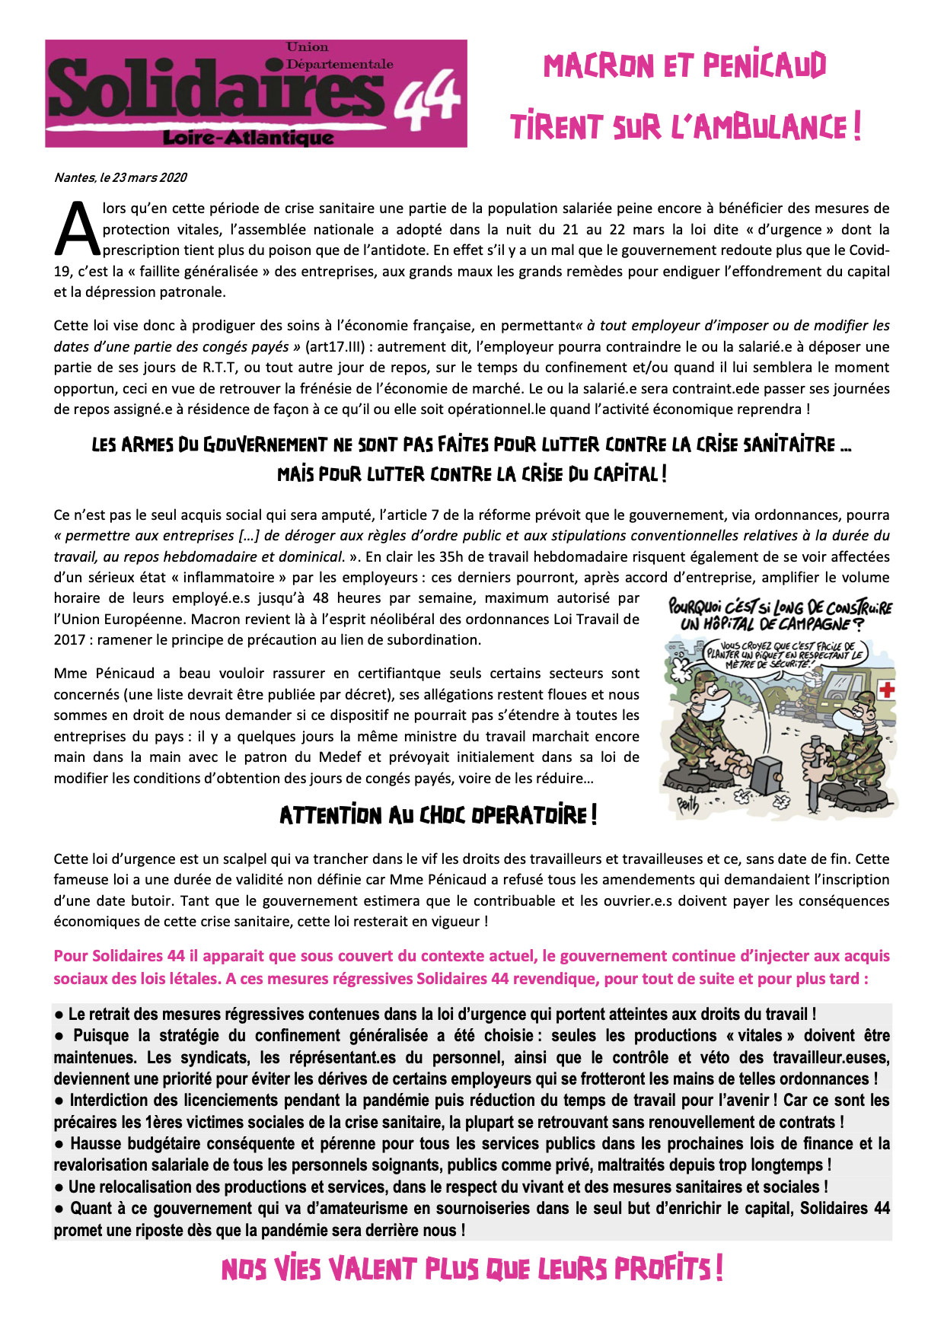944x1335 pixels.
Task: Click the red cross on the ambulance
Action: pos(886,690)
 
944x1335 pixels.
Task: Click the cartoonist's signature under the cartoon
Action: pos(687,805)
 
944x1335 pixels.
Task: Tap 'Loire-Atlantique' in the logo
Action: pos(248,138)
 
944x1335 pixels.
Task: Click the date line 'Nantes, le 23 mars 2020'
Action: pos(120,178)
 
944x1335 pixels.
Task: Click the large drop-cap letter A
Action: pos(76,229)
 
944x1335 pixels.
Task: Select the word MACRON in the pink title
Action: pos(598,66)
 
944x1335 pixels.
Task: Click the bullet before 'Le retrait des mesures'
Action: pos(59,1015)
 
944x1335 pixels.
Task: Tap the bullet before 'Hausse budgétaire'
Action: pos(59,1144)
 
